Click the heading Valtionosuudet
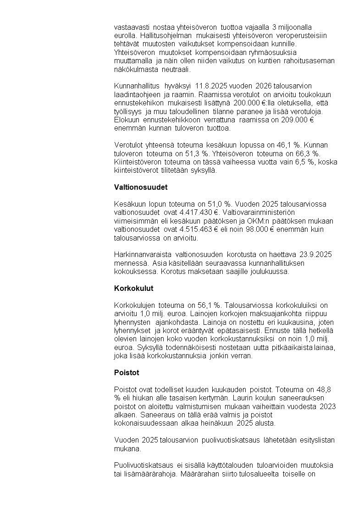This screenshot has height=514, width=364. pyautogui.click(x=141, y=187)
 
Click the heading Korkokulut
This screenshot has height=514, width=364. pyautogui.click(x=133, y=289)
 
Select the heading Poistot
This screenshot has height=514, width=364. pyautogui.click(x=127, y=373)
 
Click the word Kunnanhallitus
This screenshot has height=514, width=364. pyautogui.click(x=136, y=86)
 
